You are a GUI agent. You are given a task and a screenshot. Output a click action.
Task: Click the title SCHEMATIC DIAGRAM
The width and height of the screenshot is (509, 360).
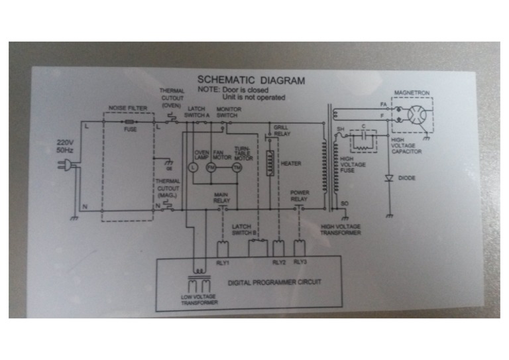(x=251, y=80)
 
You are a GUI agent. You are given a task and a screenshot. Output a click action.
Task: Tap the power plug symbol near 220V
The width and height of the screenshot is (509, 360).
(x=70, y=162)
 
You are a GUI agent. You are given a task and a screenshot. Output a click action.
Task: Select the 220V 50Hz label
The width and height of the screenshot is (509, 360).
(x=64, y=147)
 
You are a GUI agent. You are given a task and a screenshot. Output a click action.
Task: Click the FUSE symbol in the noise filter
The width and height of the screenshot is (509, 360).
(x=130, y=123)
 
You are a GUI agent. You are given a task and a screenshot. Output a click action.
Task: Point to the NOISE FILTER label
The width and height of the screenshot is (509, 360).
(x=127, y=108)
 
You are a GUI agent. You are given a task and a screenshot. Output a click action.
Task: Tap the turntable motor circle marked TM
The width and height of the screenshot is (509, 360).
(x=236, y=168)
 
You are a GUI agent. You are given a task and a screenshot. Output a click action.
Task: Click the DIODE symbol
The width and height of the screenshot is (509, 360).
(x=389, y=178)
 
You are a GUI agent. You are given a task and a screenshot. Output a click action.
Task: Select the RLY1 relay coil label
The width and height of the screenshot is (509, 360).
(x=223, y=263)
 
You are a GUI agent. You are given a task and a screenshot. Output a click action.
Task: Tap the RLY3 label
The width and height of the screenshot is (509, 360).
(x=300, y=263)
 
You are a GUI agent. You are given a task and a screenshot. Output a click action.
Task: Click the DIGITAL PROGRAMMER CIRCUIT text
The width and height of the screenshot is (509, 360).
(x=274, y=282)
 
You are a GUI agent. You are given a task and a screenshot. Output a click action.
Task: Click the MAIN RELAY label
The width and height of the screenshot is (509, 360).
(x=221, y=197)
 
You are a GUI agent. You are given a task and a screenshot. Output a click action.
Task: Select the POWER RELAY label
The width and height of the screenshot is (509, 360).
(x=300, y=197)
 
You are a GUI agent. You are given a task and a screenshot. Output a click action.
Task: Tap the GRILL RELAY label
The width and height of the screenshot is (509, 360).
(x=281, y=131)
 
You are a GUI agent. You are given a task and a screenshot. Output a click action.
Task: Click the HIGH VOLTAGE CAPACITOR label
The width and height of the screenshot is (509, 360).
(x=406, y=146)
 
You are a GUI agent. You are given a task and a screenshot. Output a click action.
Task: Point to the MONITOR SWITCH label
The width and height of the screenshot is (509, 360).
(x=227, y=111)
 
